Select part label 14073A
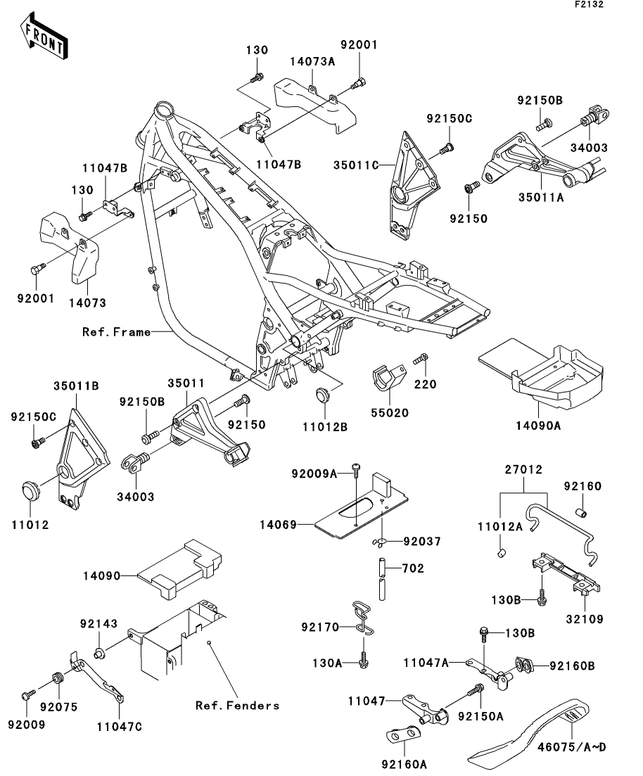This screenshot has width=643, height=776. coord(312,62)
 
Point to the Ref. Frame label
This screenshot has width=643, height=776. coord(117,331)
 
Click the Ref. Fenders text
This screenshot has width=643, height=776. coord(237,705)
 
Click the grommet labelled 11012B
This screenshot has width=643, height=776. coord(323,394)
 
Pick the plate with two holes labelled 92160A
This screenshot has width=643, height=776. coord(403,735)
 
